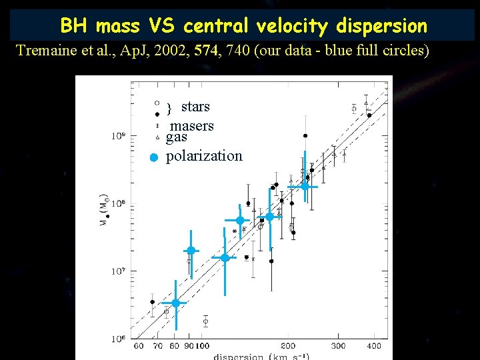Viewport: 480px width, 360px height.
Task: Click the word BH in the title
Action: click(75, 26)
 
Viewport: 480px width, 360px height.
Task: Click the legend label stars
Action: click(195, 107)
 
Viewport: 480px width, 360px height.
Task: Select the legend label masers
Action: click(192, 126)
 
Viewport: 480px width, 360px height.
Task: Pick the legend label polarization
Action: click(204, 156)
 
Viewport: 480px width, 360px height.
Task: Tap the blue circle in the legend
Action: click(153, 158)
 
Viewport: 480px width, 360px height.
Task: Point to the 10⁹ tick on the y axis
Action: click(118, 135)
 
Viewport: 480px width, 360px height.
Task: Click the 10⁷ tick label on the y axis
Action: click(118, 271)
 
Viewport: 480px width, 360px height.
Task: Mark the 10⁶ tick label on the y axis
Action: click(118, 338)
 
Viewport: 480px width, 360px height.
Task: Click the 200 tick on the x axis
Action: click(288, 346)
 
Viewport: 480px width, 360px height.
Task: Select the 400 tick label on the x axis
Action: click(374, 346)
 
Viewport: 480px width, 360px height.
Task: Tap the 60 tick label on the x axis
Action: click(139, 346)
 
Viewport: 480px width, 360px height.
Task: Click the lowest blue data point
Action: click(176, 303)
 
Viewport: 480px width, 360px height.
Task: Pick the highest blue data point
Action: click(304, 187)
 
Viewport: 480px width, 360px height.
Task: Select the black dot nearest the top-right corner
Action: click(369, 115)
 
